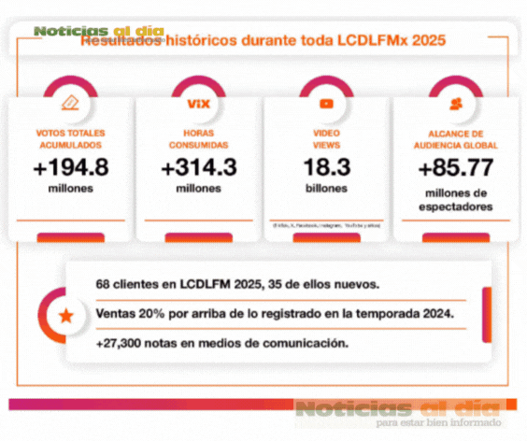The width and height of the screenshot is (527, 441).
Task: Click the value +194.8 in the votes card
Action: click(x=70, y=168)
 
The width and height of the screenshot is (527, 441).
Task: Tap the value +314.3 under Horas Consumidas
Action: click(x=198, y=168)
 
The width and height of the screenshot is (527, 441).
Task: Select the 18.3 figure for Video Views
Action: click(x=326, y=168)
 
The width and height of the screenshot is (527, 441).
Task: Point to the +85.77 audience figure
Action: click(x=455, y=170)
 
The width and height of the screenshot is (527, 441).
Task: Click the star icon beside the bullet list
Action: click(x=66, y=316)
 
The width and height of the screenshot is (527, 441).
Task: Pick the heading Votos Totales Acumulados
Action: click(x=70, y=139)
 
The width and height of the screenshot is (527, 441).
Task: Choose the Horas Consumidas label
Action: click(x=198, y=139)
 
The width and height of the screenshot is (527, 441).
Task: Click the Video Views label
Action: click(x=326, y=139)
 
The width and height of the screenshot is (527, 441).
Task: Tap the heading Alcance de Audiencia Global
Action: click(x=455, y=139)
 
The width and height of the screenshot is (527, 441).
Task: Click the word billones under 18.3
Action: click(x=326, y=189)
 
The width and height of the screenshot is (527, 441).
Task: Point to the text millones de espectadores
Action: click(x=455, y=200)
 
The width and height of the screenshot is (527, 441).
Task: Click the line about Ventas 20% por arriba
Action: click(x=275, y=314)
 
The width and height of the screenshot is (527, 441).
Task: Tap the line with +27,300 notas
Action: click(x=221, y=344)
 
